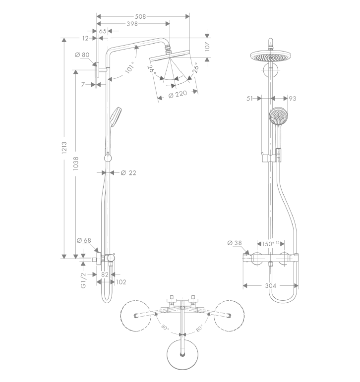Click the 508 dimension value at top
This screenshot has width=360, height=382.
coord(140,16)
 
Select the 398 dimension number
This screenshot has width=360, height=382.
coord(132,24)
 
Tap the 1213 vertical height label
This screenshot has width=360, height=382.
coord(64,148)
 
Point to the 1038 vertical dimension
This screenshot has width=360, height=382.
coord(76,163)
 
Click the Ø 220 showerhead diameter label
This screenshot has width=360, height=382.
coord(178,94)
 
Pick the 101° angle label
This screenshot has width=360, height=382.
coord(130,67)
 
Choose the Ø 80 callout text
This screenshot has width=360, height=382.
coord(82,55)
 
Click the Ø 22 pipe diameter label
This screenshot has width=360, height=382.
coord(128,173)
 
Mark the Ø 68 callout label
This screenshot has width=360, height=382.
coord(84,240)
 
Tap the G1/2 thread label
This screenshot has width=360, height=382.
coord(83,280)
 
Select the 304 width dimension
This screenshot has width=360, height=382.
coord(271,285)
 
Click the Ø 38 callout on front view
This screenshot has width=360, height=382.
coord(235,243)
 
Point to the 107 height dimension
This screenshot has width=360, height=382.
coord(207,46)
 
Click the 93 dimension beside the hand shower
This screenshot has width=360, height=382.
coord(293,99)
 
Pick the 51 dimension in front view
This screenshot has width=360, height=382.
coord(250,99)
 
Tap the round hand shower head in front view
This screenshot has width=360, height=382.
coord(279,116)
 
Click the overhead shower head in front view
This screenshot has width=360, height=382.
coord(270,56)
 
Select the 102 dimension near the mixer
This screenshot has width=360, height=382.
coord(121,282)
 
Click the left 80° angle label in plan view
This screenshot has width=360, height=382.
coord(165,327)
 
